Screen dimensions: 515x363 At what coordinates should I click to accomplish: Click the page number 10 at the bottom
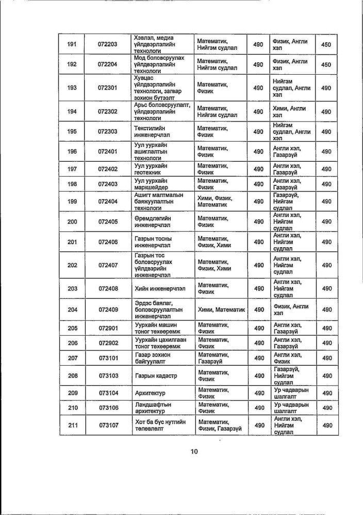(194, 452)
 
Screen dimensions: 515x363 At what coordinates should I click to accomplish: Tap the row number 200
(72, 221)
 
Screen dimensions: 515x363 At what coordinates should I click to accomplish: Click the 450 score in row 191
(325, 45)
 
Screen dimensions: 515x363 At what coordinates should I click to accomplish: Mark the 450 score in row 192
(325, 65)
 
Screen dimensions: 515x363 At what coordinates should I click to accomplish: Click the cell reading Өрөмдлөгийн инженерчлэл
(159, 221)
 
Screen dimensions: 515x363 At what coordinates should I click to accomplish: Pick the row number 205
(72, 328)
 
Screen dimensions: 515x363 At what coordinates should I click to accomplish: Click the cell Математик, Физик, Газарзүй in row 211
(219, 425)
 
